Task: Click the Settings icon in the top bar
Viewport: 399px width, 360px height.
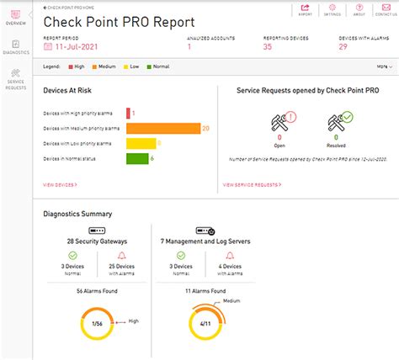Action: [332, 10]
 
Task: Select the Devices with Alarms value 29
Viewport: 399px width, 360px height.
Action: [343, 47]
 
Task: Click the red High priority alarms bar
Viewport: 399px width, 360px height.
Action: [128, 112]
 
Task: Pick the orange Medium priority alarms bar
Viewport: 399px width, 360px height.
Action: [162, 128]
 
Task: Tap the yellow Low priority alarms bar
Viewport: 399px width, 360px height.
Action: [141, 143]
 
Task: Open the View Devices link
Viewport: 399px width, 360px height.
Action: [60, 183]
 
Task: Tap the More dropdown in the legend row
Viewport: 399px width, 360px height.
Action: [384, 66]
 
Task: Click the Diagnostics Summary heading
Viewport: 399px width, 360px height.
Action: [77, 214]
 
